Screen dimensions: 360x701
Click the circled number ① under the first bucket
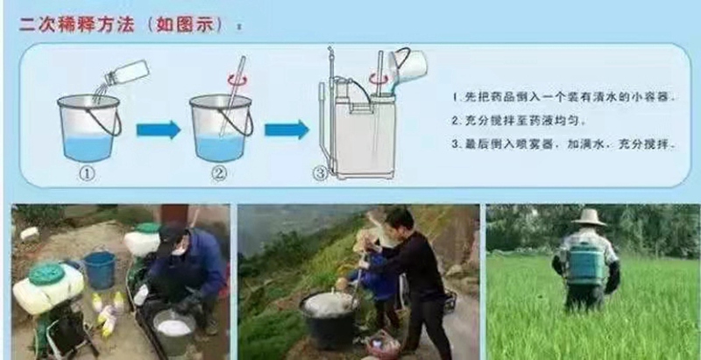(87, 173)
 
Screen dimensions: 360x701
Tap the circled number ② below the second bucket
(218, 173)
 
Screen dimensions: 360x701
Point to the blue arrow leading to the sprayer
(287, 130)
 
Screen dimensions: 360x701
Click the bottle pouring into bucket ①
(125, 73)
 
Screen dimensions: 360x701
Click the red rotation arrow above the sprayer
(379, 78)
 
